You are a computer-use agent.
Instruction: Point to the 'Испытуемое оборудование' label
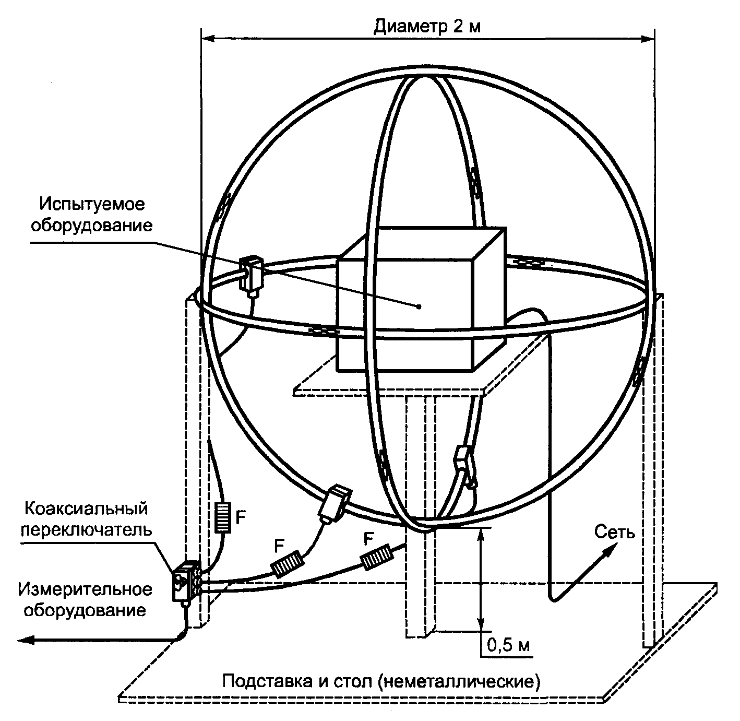[93, 214]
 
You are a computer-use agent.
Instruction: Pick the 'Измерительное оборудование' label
[86, 600]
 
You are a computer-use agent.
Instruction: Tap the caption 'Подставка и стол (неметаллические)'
[381, 681]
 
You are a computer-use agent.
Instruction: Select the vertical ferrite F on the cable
[223, 517]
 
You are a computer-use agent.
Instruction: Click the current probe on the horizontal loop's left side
[252, 274]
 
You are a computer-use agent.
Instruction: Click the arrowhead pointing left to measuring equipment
[26, 639]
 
